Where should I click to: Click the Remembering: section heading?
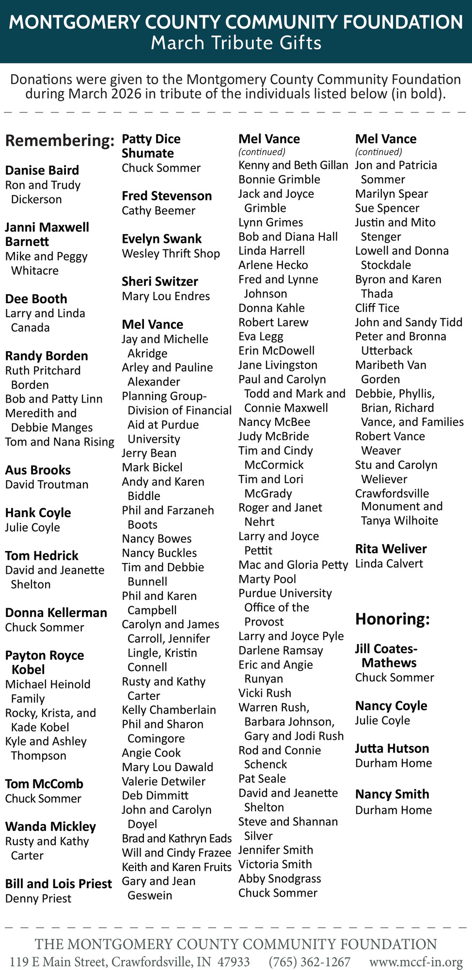tap(60, 141)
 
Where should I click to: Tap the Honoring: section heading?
tap(393, 619)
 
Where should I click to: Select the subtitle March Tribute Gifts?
tap(236, 43)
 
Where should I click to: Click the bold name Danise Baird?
tap(42, 170)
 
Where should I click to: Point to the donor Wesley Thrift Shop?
tap(171, 254)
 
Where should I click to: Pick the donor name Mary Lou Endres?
tap(166, 296)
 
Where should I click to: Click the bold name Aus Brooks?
tap(38, 470)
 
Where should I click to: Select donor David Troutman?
tap(47, 485)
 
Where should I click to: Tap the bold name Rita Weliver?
tap(391, 549)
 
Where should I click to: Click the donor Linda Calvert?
tap(389, 564)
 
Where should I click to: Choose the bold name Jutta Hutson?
tap(392, 749)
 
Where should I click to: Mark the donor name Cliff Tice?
tap(377, 308)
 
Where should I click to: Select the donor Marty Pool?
tap(267, 579)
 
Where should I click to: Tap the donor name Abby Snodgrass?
tap(280, 879)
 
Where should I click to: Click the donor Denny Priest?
tap(38, 899)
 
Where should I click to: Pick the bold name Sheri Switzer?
tap(160, 282)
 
